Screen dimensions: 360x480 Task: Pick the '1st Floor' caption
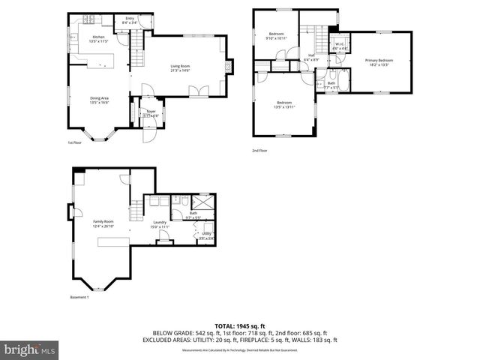[x=74, y=142]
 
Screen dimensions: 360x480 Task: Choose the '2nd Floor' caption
[x=259, y=151]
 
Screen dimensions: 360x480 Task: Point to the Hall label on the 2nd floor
[x=310, y=57]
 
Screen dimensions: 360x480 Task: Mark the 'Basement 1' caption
[x=79, y=298]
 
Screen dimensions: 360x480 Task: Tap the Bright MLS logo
[x=30, y=350]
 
